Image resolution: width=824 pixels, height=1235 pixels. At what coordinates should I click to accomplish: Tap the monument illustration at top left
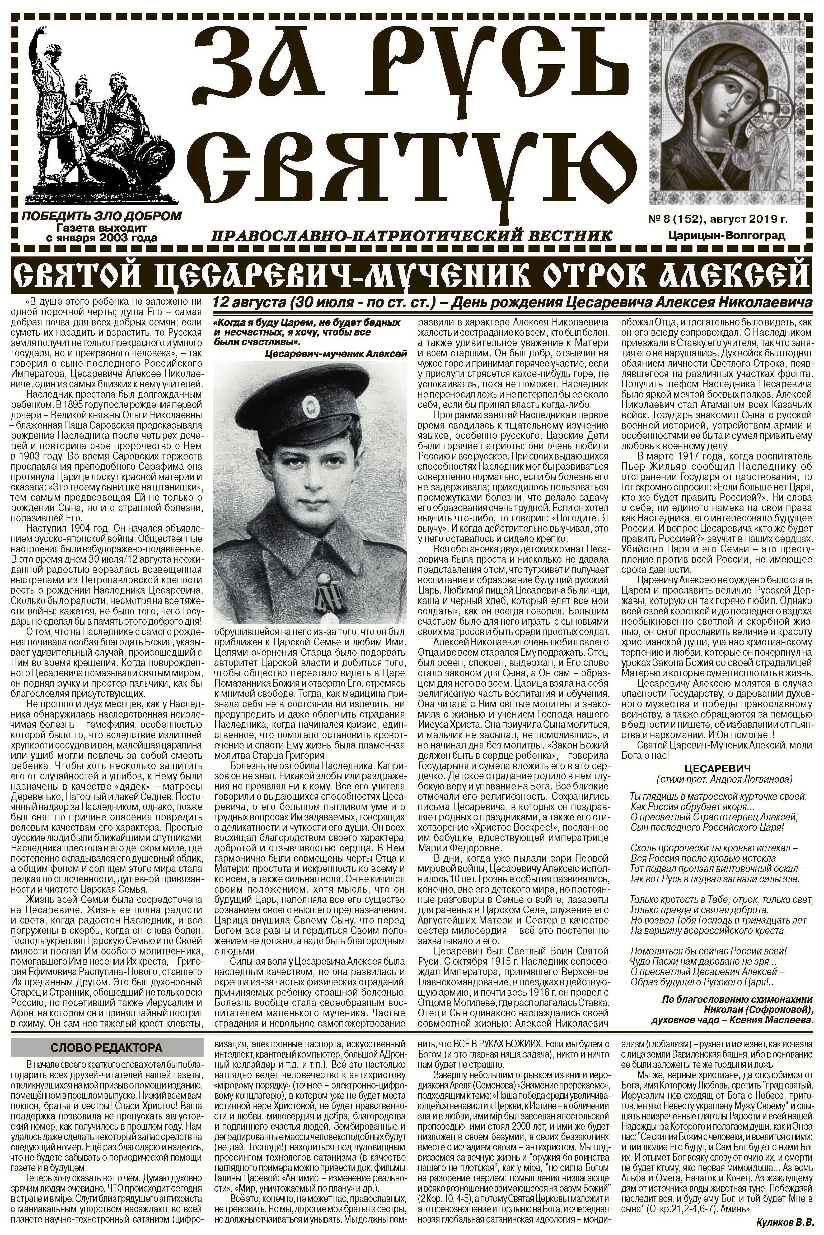pos(100,113)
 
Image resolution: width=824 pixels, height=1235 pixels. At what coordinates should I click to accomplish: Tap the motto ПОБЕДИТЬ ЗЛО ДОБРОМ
pos(101,216)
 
